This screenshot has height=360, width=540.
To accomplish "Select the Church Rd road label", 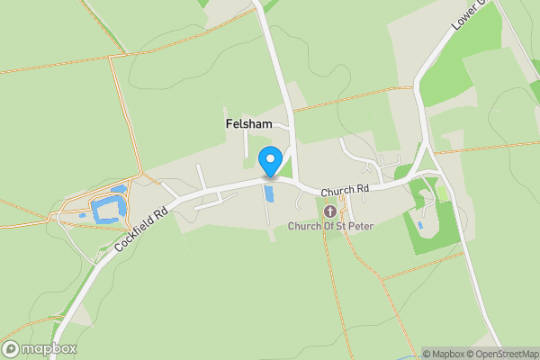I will point(345,191).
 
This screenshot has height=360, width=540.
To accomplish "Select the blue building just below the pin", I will point(268,194).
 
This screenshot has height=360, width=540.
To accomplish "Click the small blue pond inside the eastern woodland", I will point(420,224).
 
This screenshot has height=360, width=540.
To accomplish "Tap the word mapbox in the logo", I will point(49,349).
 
